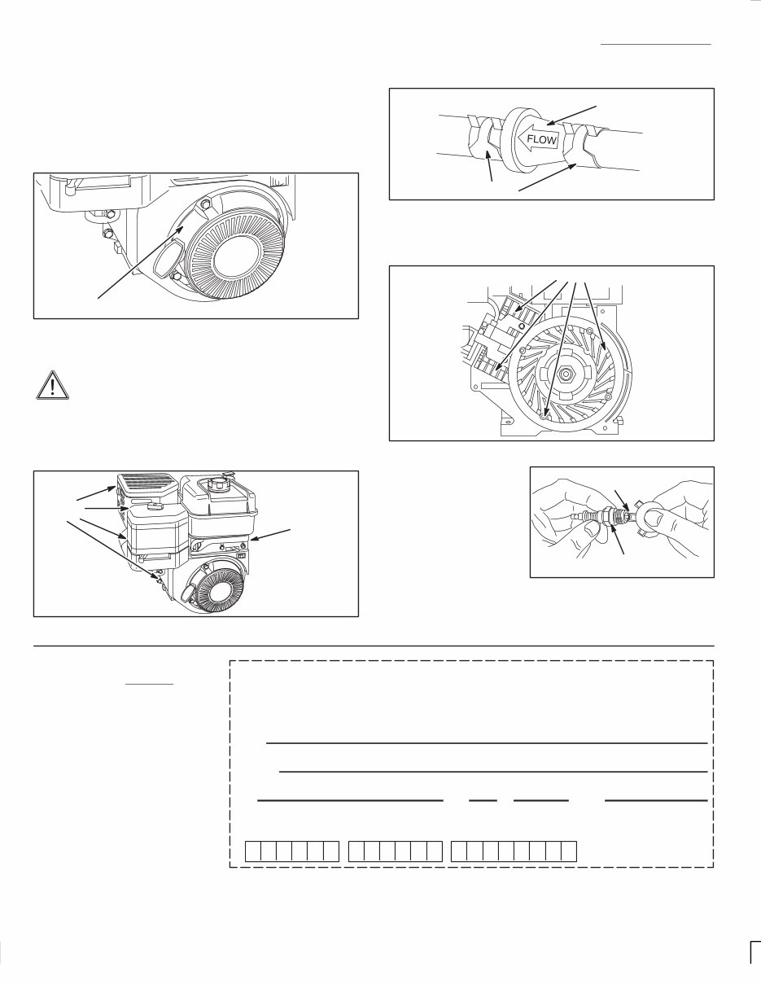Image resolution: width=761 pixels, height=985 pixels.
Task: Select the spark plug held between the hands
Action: pos(607,515)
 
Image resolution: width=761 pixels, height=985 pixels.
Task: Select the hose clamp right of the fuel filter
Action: pos(585,148)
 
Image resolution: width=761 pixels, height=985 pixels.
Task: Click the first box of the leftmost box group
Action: pos(253,851)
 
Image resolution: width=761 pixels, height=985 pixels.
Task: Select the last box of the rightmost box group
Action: pos(568,851)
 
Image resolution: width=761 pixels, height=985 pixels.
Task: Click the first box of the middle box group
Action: pos(356,851)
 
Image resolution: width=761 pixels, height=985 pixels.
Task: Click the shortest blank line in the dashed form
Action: pos(483,800)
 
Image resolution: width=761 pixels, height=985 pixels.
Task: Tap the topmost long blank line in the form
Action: pos(486,743)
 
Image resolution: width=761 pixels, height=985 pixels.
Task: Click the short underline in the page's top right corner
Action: pos(656,43)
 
